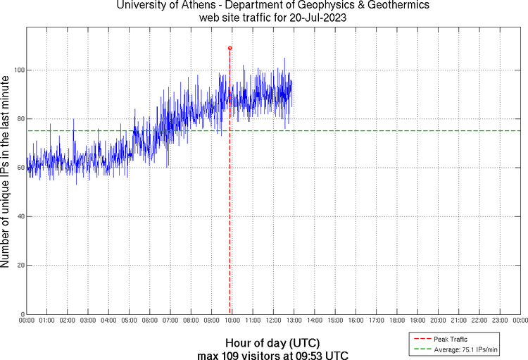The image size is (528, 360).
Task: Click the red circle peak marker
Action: point(230,48)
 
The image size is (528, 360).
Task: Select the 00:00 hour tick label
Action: point(27,321)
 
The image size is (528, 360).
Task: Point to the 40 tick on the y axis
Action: point(20,216)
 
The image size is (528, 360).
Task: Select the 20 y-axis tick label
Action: point(20,265)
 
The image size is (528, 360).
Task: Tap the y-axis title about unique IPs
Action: point(6,170)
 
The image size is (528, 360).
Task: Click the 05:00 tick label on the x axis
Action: point(130,321)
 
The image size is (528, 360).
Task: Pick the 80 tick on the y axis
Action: point(20,119)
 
